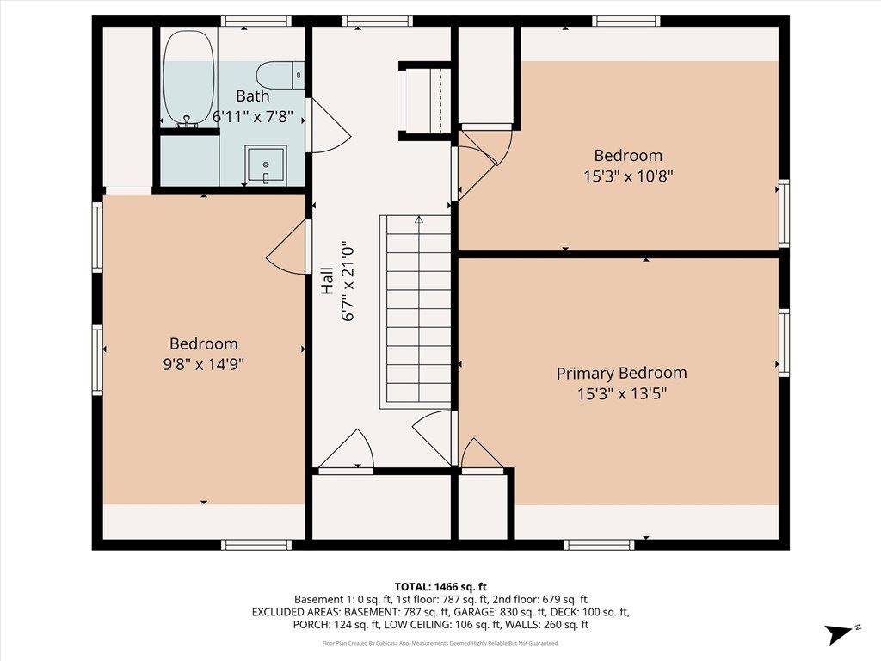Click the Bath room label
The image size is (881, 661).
tap(253, 96)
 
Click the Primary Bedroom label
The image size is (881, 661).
tap(621, 374)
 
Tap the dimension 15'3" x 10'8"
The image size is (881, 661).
tap(628, 176)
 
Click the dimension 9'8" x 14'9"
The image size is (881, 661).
tap(203, 364)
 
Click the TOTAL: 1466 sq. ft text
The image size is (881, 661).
tap(440, 586)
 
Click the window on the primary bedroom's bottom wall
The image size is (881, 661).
tap(599, 544)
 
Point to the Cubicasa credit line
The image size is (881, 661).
tap(440, 643)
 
